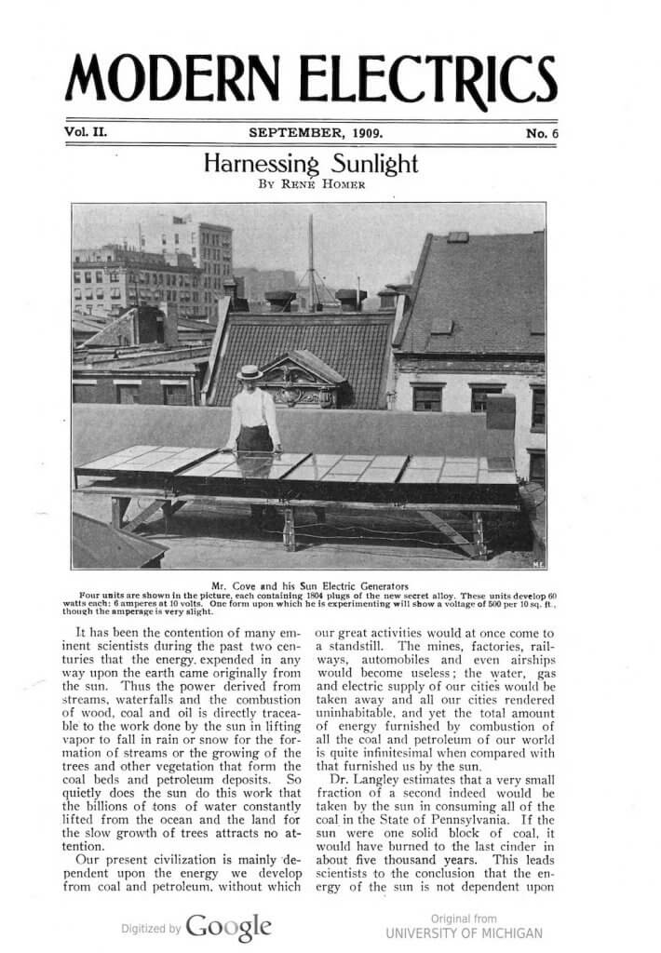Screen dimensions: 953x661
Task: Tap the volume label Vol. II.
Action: click(x=87, y=132)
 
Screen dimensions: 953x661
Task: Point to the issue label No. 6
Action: click(x=541, y=133)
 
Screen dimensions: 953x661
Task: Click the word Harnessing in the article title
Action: click(x=260, y=165)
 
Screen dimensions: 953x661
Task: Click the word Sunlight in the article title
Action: click(x=371, y=165)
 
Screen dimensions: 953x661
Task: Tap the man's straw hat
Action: click(x=249, y=372)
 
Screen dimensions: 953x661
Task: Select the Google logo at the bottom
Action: click(x=229, y=926)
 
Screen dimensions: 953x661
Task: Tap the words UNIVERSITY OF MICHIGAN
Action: click(x=464, y=933)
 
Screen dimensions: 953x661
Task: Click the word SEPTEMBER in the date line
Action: click(x=292, y=132)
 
